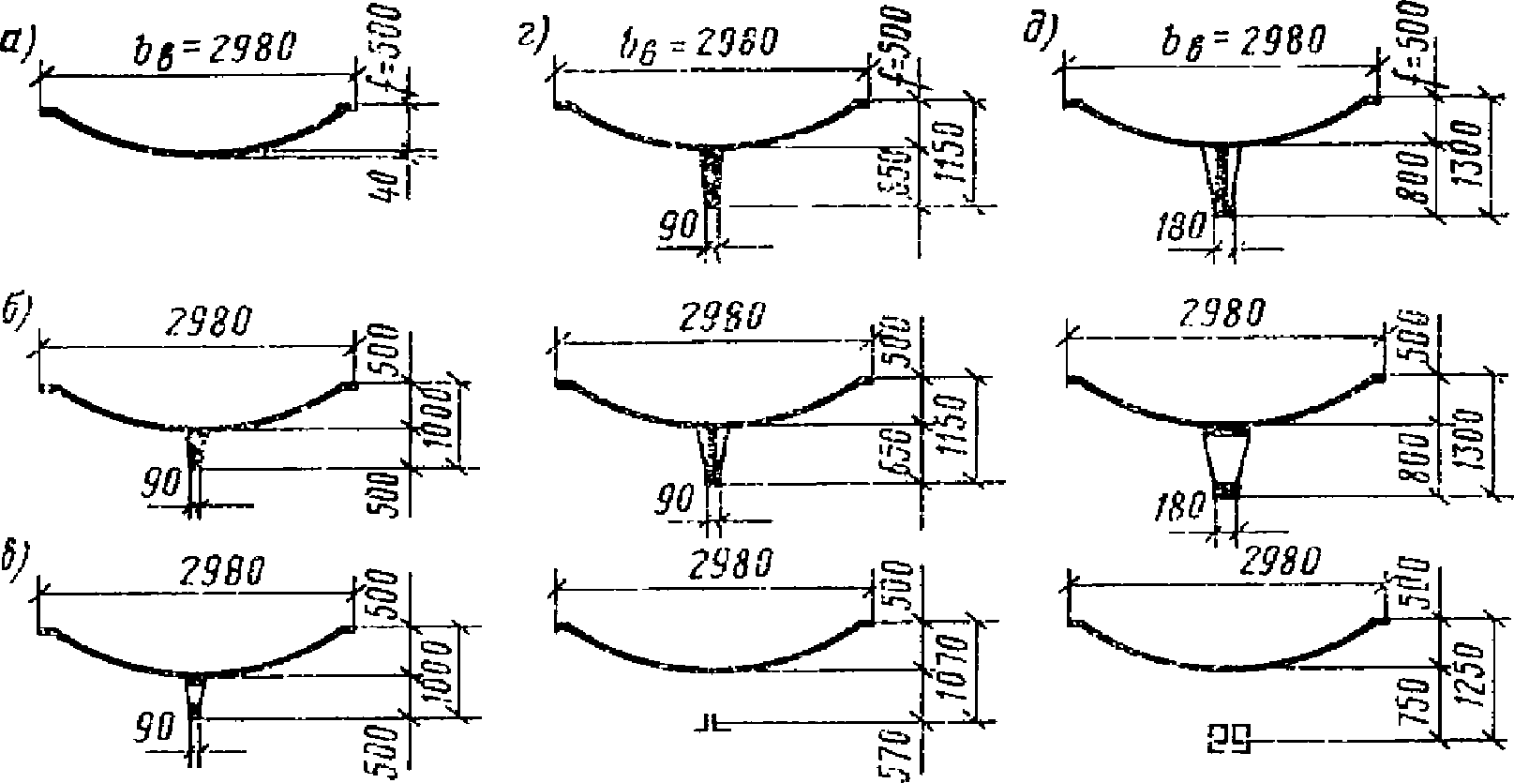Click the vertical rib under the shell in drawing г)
[x=715, y=188]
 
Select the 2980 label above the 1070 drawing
[x=731, y=565]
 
